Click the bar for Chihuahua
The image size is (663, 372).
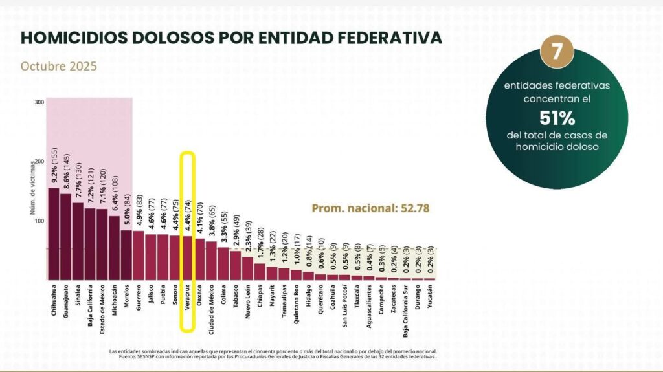[x=54, y=233]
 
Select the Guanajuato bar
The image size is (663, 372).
[x=65, y=236]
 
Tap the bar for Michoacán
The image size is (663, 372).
[x=114, y=247]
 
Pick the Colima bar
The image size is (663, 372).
[x=223, y=263]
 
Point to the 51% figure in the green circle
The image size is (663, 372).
[x=557, y=118]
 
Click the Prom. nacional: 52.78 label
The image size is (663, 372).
[x=370, y=208]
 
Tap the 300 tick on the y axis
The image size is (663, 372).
[x=39, y=102]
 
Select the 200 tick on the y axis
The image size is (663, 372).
[x=39, y=161]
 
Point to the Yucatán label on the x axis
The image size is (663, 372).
[x=430, y=300]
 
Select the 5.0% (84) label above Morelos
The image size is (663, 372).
[x=127, y=210]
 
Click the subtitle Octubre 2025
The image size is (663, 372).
[x=59, y=66]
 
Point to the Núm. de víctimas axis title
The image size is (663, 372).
[x=31, y=188]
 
